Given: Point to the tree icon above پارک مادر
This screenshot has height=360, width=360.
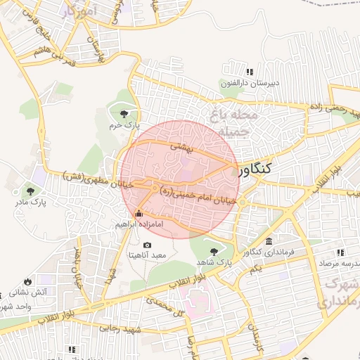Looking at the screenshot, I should coord(30,190).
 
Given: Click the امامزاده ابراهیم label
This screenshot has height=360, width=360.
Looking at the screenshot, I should coord(139,225).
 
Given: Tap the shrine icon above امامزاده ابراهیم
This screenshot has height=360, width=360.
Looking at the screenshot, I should coord(138,214).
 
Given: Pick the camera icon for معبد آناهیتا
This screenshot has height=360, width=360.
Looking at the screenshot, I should coord(146,244).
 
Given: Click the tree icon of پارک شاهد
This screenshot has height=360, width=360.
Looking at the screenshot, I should coord(213,250).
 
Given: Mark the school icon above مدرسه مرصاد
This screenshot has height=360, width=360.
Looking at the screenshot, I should coord(340,252).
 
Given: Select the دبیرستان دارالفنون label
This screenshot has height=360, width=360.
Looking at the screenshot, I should coord(250,83).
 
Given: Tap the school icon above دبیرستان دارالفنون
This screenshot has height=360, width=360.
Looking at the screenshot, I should coord(250,72).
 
